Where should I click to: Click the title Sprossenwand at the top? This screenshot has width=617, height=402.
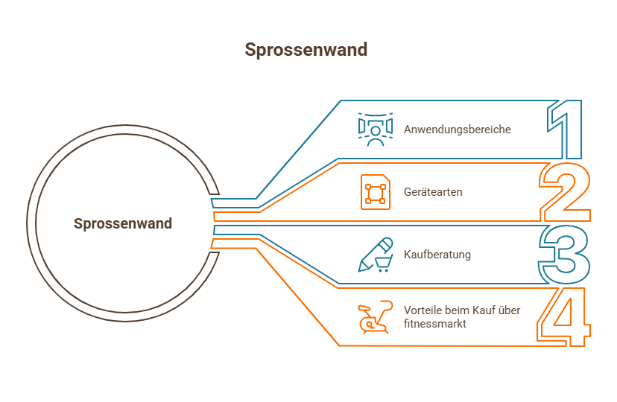tap(306, 50)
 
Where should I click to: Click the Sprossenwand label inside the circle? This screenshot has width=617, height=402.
tap(123, 223)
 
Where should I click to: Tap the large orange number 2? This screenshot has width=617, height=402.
tap(565, 192)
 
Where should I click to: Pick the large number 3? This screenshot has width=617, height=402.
tap(565, 255)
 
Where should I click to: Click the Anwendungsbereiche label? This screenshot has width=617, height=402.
tap(458, 130)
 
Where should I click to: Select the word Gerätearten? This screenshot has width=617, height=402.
tap(433, 192)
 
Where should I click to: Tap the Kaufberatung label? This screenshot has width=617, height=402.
tap(437, 255)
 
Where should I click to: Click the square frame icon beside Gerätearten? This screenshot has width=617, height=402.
tap(375, 192)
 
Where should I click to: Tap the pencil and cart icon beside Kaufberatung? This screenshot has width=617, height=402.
tap(376, 255)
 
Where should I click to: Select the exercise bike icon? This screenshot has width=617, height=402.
tap(375, 318)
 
